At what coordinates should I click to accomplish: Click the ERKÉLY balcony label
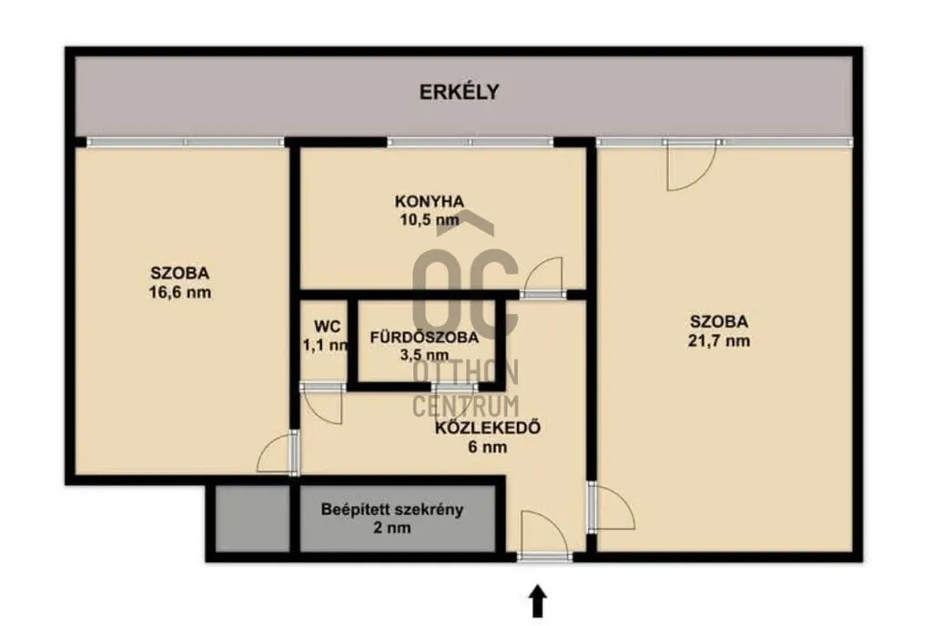pos(459,92)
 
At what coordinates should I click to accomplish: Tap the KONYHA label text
pos(430,201)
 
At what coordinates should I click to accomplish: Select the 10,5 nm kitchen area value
pos(430,220)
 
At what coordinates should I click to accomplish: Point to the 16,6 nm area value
pos(180,293)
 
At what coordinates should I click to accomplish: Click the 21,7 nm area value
pos(719,341)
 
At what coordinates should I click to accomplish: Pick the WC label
pos(327,326)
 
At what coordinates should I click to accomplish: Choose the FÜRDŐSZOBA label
pos(424,338)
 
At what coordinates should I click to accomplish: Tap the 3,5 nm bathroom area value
pos(424,356)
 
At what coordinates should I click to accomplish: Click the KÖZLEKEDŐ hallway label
pos(488,428)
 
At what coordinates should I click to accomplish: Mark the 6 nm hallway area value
pos(488,447)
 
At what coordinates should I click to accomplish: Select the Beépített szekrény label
pos(392,509)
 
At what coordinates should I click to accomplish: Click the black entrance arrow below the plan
pos(538,601)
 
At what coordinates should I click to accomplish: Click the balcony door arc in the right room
pos(702,178)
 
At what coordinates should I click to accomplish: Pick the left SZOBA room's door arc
pos(265,449)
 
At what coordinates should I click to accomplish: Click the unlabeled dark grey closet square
pos(252,519)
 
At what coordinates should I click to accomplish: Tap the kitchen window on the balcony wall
pos(471,143)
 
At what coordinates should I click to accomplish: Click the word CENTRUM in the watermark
pos(466,406)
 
